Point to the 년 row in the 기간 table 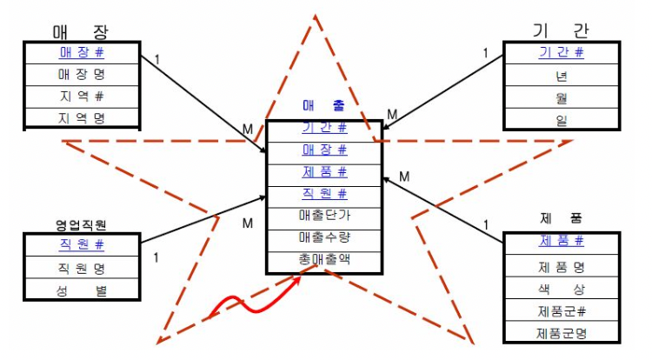[x=561, y=75]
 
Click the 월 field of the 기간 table [x=561, y=98]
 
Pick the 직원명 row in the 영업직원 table [x=81, y=268]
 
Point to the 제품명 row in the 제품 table [x=561, y=267]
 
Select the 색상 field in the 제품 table [x=561, y=289]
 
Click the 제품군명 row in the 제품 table [x=561, y=332]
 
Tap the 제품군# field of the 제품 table [x=561, y=310]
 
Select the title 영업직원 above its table [x=81, y=224]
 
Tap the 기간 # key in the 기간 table [x=561, y=53]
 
